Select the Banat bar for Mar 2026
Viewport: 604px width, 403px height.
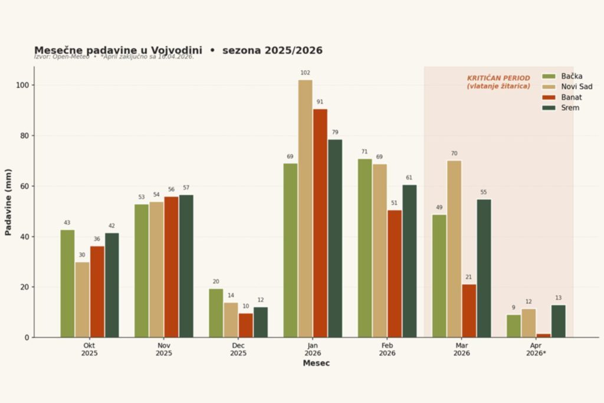[469, 311]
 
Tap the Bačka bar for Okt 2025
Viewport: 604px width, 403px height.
[67, 283]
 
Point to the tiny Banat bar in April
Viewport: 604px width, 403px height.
[543, 335]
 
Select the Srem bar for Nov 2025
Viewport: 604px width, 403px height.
[186, 266]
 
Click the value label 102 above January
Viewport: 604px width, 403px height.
[305, 73]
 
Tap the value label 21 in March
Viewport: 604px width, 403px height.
[469, 277]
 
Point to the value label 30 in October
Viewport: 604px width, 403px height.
[82, 255]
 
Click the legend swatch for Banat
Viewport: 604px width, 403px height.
[549, 97]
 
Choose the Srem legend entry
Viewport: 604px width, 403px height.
[570, 108]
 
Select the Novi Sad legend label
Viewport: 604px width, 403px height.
[576, 87]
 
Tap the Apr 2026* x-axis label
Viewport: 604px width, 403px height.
[536, 349]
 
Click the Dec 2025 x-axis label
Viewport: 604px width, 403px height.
[238, 349]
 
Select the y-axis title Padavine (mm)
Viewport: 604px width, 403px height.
[8, 202]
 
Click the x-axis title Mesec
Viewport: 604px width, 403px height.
[316, 363]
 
